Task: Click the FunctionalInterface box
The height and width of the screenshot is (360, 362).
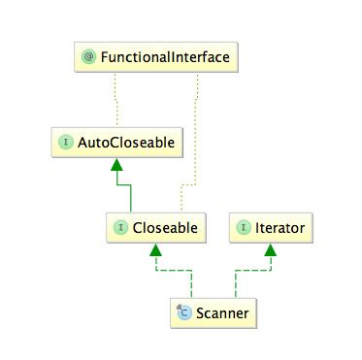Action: click(155, 58)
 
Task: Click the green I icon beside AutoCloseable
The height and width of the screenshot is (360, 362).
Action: click(66, 143)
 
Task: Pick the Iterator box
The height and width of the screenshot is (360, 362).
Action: click(270, 228)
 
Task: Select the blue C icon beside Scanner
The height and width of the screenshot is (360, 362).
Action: click(182, 312)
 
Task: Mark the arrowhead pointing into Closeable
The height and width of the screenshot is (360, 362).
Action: click(152, 250)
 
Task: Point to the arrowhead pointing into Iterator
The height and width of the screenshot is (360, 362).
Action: click(269, 250)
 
